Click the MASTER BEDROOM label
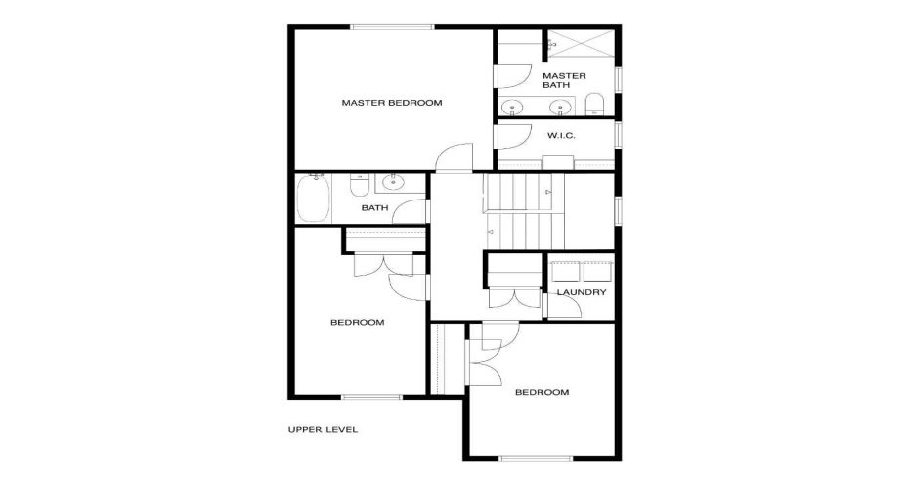pos(392,103)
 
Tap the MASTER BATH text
pos(564,80)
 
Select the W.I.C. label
pos(561,136)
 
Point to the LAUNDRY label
pos(582,292)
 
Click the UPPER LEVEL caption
pos(323,430)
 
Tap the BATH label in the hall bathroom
pos(374,207)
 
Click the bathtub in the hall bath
pos(314,199)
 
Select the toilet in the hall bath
pos(360,185)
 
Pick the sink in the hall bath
pos(394,182)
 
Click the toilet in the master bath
pos(595,105)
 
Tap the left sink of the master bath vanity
pos(512,107)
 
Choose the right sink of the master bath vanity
pos(560,107)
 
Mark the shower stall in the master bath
pos(581,43)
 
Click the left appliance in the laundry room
pos(565,272)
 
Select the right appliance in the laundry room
pos(597,272)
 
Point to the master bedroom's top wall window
pos(393,26)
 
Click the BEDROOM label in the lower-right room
pos(542,393)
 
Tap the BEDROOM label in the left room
pos(357,323)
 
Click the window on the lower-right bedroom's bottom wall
pos(537,459)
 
